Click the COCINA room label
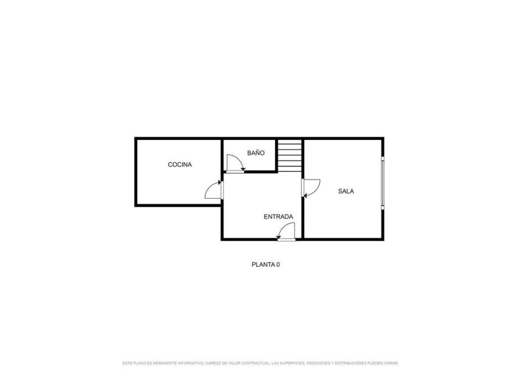point(179,165)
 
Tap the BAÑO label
point(256,153)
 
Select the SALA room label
point(346,191)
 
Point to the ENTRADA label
point(278,217)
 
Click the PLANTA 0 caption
point(266,265)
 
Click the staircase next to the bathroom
point(290,156)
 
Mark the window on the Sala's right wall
point(383,183)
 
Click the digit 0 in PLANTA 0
point(278,265)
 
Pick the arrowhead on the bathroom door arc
point(243,169)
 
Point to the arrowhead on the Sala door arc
point(305,195)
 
